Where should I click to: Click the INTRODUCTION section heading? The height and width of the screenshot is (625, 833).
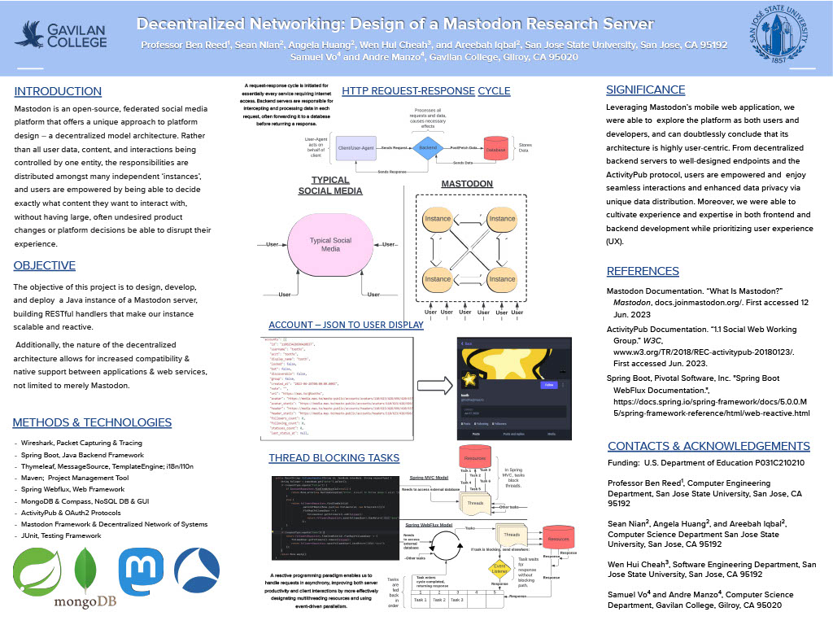coord(53,91)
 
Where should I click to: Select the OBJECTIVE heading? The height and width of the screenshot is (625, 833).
coord(44,266)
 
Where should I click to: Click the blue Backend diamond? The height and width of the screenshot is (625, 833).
coord(427,148)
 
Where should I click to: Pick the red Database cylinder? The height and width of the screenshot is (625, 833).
coord(495,150)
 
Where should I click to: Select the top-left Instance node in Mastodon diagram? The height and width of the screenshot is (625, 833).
coord(438,219)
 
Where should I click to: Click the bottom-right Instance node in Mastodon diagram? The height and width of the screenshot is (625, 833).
coord(502,279)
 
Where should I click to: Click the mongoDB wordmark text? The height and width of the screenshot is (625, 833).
coord(86,603)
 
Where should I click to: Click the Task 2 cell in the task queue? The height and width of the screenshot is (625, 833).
coord(438,600)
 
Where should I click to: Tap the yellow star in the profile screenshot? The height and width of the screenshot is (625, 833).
coord(471,379)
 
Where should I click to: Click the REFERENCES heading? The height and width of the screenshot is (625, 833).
coord(643,271)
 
